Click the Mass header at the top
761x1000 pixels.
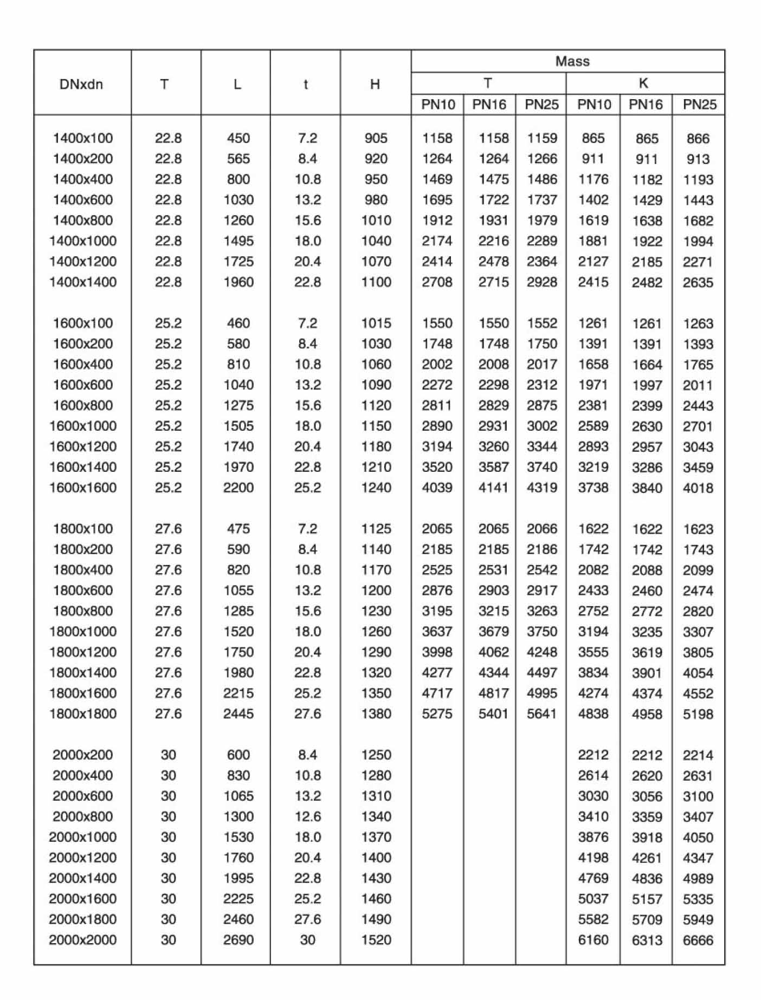572,61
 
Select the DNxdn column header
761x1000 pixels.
81,84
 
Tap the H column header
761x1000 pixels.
375,84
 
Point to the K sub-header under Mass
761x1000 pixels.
643,83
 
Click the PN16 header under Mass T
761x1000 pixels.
489,105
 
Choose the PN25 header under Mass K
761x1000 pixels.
699,105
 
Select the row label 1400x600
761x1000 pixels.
83,200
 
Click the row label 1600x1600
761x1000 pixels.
83,488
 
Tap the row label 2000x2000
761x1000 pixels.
83,940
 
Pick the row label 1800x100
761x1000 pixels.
83,529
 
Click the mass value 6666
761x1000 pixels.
698,940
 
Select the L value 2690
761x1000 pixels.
238,940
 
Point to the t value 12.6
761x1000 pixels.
307,816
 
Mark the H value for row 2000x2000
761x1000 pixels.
376,940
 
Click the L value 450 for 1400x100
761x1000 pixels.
238,138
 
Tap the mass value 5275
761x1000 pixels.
437,714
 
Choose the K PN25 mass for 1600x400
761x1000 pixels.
698,365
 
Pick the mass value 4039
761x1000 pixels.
437,488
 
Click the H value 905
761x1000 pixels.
376,138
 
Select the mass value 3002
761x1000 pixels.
542,426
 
